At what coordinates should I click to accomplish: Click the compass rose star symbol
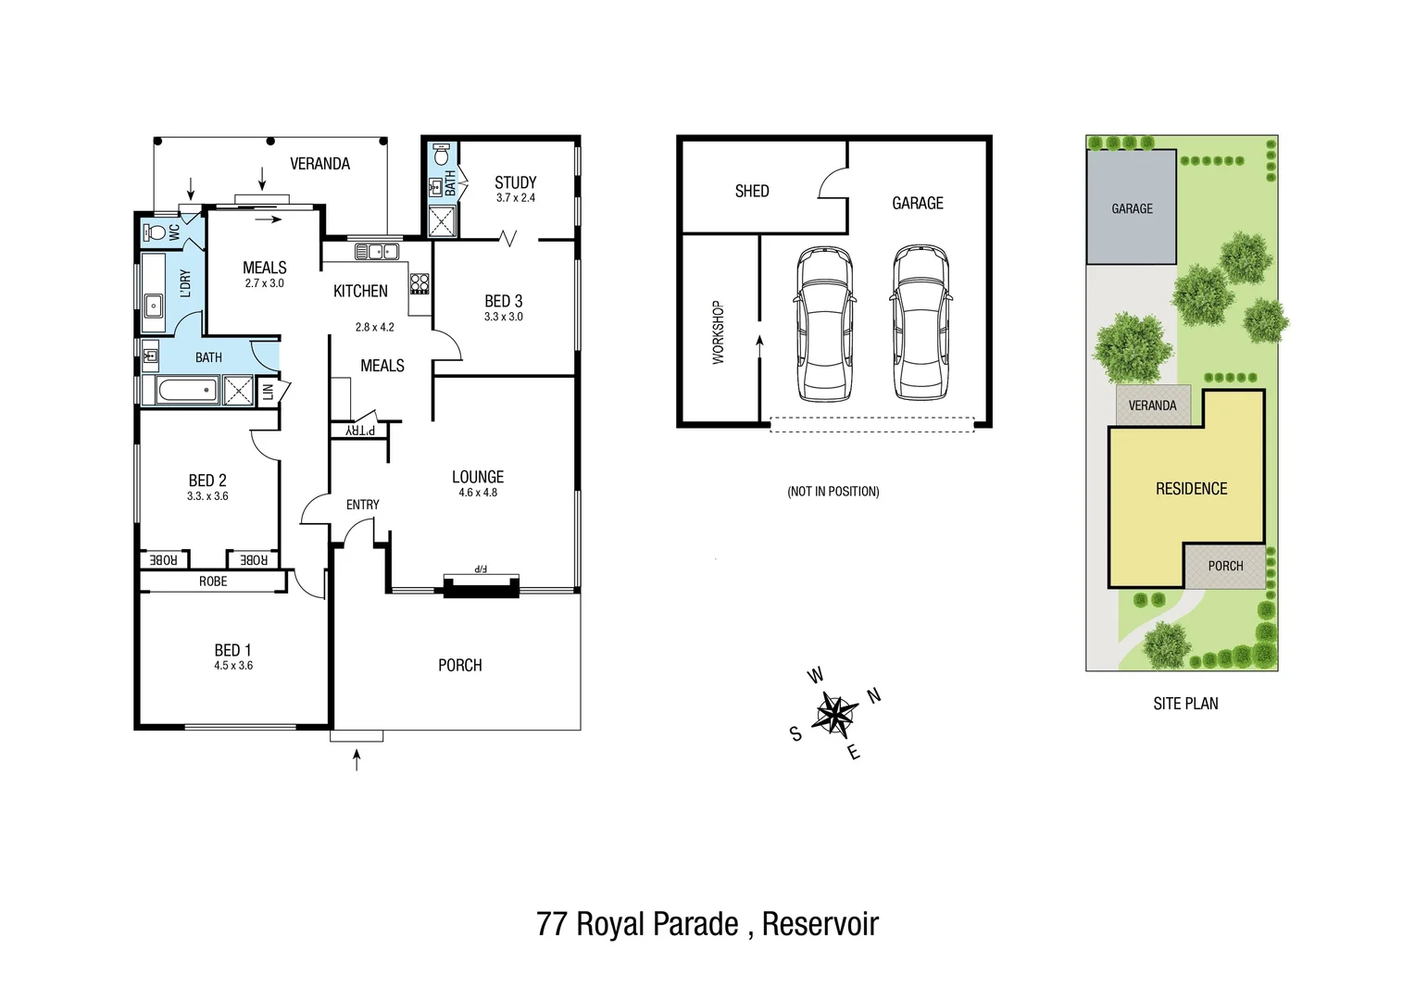[835, 714]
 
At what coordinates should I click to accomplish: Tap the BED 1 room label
[232, 651]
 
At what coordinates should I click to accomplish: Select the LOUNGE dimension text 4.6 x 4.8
[478, 493]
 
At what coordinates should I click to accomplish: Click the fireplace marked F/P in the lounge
[481, 583]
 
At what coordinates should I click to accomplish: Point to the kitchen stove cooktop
[419, 283]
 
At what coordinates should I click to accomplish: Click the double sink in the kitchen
[377, 251]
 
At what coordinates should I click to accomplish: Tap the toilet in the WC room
[157, 231]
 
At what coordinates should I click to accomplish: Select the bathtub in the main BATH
[187, 390]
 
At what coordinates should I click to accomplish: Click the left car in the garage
[824, 323]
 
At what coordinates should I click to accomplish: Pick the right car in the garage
[920, 323]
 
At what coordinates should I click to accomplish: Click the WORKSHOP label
[718, 332]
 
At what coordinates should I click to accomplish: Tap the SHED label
[752, 192]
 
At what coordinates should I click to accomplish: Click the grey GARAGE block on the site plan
[1132, 208]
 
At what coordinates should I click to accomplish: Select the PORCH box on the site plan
[1225, 566]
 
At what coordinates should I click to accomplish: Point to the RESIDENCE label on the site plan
[1191, 489]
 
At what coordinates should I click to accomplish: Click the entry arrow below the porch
[357, 760]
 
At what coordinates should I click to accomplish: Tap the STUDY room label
[515, 182]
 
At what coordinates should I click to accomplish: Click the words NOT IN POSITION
[833, 492]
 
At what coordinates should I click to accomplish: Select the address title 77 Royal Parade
[707, 924]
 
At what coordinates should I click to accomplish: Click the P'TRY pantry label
[360, 431]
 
